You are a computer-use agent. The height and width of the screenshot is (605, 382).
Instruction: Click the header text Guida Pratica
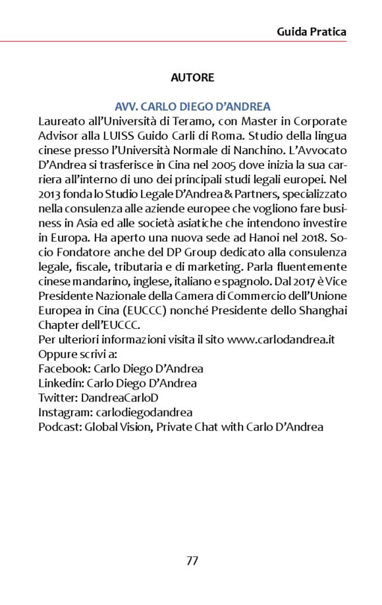pyautogui.click(x=312, y=32)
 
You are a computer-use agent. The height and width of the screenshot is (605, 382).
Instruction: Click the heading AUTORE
pyautogui.click(x=192, y=78)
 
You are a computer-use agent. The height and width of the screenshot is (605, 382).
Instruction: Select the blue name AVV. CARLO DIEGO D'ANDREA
pyautogui.click(x=192, y=107)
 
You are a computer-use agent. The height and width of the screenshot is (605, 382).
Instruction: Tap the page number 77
pyautogui.click(x=192, y=561)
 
